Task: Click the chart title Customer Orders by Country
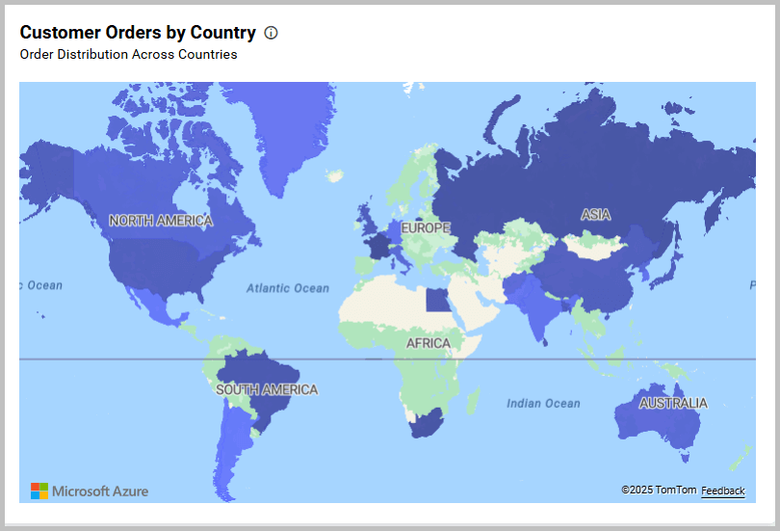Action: [x=138, y=33]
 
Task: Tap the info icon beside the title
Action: [x=271, y=33]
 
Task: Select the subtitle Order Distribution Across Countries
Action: [x=128, y=55]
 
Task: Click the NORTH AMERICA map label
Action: [x=161, y=221]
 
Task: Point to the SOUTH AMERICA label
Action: [x=267, y=390]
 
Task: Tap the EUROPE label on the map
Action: [x=426, y=228]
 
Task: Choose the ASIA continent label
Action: [x=596, y=215]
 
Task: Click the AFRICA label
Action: [x=428, y=344]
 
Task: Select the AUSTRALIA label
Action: [x=673, y=403]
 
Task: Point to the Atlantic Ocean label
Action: [x=287, y=288]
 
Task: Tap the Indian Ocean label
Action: [x=543, y=404]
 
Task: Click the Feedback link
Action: [x=722, y=491]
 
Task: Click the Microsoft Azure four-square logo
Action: [x=39, y=491]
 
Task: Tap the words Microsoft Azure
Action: [x=100, y=491]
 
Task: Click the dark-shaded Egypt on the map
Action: [x=437, y=301]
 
